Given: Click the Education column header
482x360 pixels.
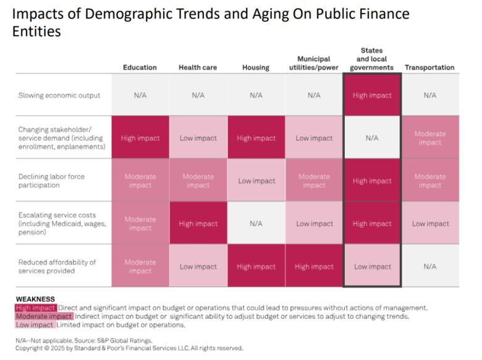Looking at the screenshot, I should tap(140, 67).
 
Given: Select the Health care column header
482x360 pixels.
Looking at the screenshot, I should tap(198, 67).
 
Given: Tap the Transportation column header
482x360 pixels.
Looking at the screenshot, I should tap(429, 67).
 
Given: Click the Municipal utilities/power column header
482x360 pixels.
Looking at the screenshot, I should tap(314, 63).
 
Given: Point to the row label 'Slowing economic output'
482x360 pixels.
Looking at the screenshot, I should tap(59, 95).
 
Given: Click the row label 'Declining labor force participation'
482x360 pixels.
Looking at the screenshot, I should tap(52, 181).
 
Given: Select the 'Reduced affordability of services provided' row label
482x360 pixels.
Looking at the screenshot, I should tap(57, 267).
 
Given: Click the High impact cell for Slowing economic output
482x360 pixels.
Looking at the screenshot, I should tap(372, 95).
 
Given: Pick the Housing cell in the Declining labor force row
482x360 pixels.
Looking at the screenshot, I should tap(256, 181).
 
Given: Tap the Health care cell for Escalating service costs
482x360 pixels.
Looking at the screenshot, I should tap(198, 224).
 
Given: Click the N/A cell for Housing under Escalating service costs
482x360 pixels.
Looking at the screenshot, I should tap(256, 224).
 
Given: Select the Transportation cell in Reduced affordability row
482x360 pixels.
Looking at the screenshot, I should tap(429, 267).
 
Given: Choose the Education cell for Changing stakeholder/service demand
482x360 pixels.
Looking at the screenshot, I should tap(140, 138).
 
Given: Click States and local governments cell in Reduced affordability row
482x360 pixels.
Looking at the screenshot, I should tap(372, 267).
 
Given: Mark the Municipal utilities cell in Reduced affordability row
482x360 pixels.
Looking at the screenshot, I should tap(314, 267).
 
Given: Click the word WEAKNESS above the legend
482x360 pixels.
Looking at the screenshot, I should tap(35, 299).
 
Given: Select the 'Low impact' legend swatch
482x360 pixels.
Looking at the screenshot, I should tap(36, 325).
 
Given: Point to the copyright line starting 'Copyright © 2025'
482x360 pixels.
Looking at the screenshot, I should tap(129, 348).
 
